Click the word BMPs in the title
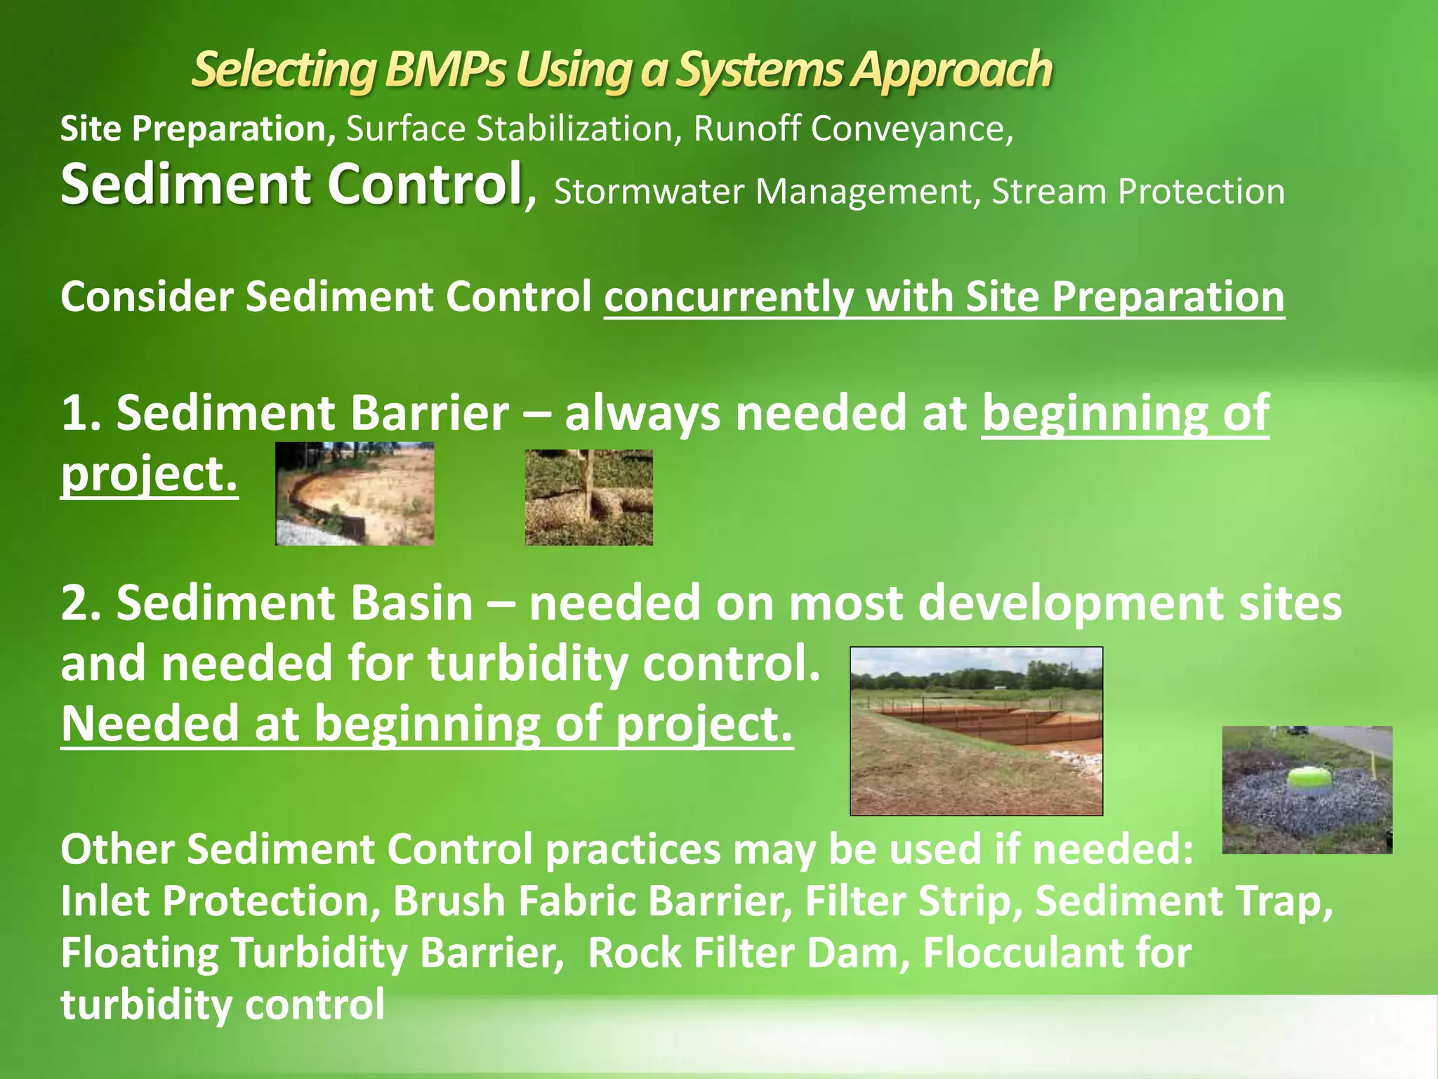click(x=444, y=70)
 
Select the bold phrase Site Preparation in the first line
click(x=197, y=129)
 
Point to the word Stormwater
click(x=648, y=192)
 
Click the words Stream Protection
click(x=1137, y=192)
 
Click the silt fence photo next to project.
click(x=355, y=494)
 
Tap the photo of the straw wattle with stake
click(x=588, y=497)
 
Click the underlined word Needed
click(x=149, y=724)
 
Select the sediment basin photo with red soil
click(x=976, y=731)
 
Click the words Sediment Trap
click(x=1183, y=901)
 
